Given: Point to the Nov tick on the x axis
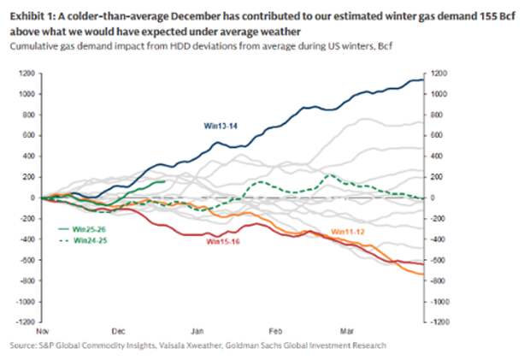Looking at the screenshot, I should [41, 328].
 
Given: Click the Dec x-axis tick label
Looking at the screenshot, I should [118, 328].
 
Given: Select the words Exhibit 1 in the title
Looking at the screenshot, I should [31, 11].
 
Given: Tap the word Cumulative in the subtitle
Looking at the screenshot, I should [32, 44].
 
